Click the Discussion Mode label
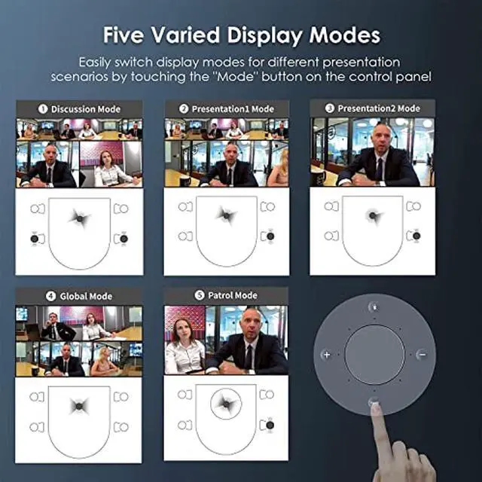click(84, 109)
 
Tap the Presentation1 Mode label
click(232, 109)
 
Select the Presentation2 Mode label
click(378, 109)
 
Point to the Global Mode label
click(85, 297)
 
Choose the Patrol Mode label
click(233, 296)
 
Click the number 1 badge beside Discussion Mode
click(43, 109)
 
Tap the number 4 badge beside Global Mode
click(51, 297)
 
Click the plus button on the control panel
click(326, 355)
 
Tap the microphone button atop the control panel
click(374, 307)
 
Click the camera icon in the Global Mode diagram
click(78, 407)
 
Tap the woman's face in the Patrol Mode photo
click(184, 329)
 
